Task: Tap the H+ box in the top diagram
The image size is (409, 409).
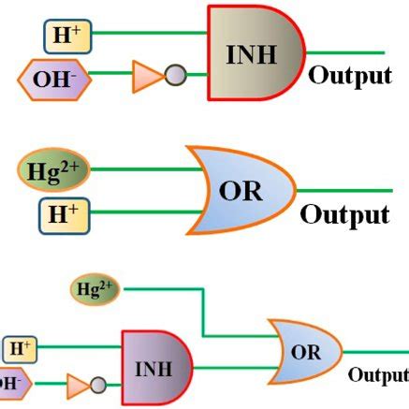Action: (66, 36)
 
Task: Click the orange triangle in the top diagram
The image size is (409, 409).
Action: (146, 76)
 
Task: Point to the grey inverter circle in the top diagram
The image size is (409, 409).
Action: (175, 75)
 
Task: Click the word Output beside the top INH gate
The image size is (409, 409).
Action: (349, 75)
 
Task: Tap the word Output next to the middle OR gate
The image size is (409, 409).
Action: (344, 214)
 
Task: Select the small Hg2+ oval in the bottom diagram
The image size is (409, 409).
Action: (95, 290)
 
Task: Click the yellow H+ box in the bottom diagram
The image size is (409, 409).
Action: (21, 350)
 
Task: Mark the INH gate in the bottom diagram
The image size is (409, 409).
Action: (154, 365)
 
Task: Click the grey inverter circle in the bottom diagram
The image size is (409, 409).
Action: (98, 384)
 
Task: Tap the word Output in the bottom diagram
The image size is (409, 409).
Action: (378, 374)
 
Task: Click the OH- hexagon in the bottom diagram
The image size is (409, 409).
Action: (11, 383)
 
